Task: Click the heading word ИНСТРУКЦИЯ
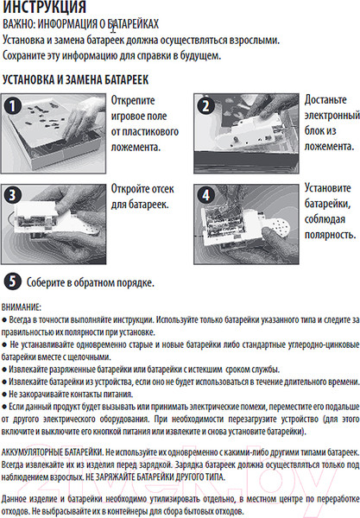[45, 7]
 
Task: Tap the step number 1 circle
[13, 105]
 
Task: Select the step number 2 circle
[205, 105]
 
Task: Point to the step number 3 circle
[13, 195]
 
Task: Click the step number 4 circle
[205, 195]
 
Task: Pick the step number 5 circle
[13, 281]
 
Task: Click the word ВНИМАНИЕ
[21, 307]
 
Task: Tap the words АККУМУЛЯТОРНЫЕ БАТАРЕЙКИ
[52, 452]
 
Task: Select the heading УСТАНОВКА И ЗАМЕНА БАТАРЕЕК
[76, 79]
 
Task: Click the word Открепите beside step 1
[133, 100]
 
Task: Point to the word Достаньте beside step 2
[325, 99]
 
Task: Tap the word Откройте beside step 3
[128, 188]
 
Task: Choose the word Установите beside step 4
[328, 188]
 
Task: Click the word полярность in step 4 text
[329, 235]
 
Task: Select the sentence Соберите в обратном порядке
[90, 282]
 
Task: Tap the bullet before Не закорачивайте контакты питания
[4, 395]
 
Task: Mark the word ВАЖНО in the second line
[18, 24]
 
